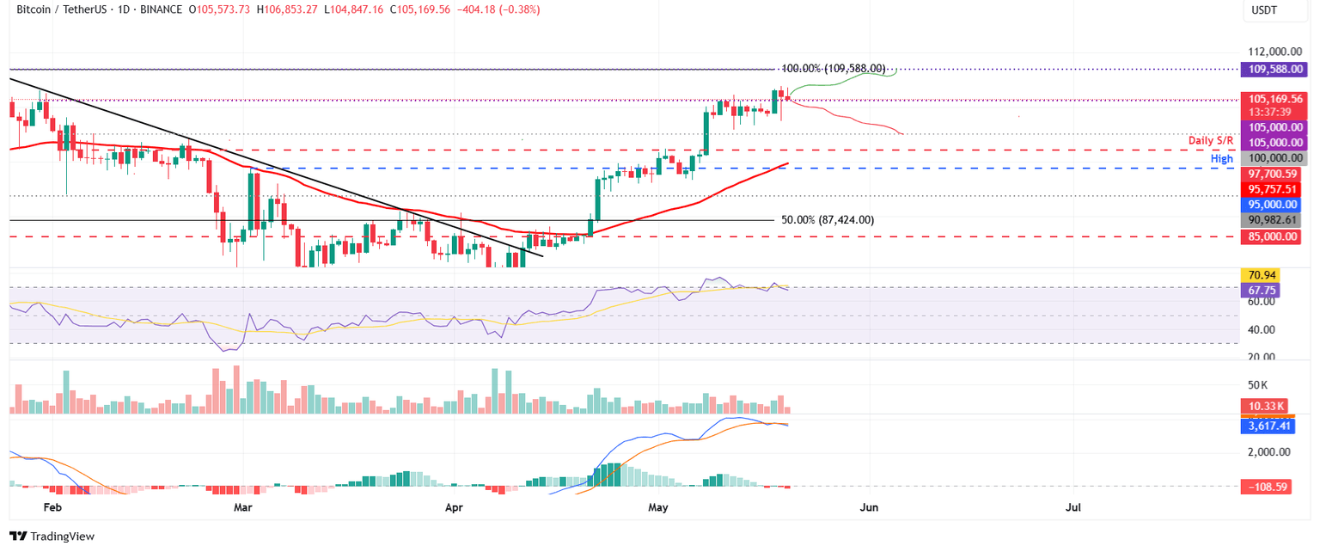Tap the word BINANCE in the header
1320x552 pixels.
[154, 9]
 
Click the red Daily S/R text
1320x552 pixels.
[1211, 140]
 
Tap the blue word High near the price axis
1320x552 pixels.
[1222, 159]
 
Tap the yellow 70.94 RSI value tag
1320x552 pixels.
[1260, 275]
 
